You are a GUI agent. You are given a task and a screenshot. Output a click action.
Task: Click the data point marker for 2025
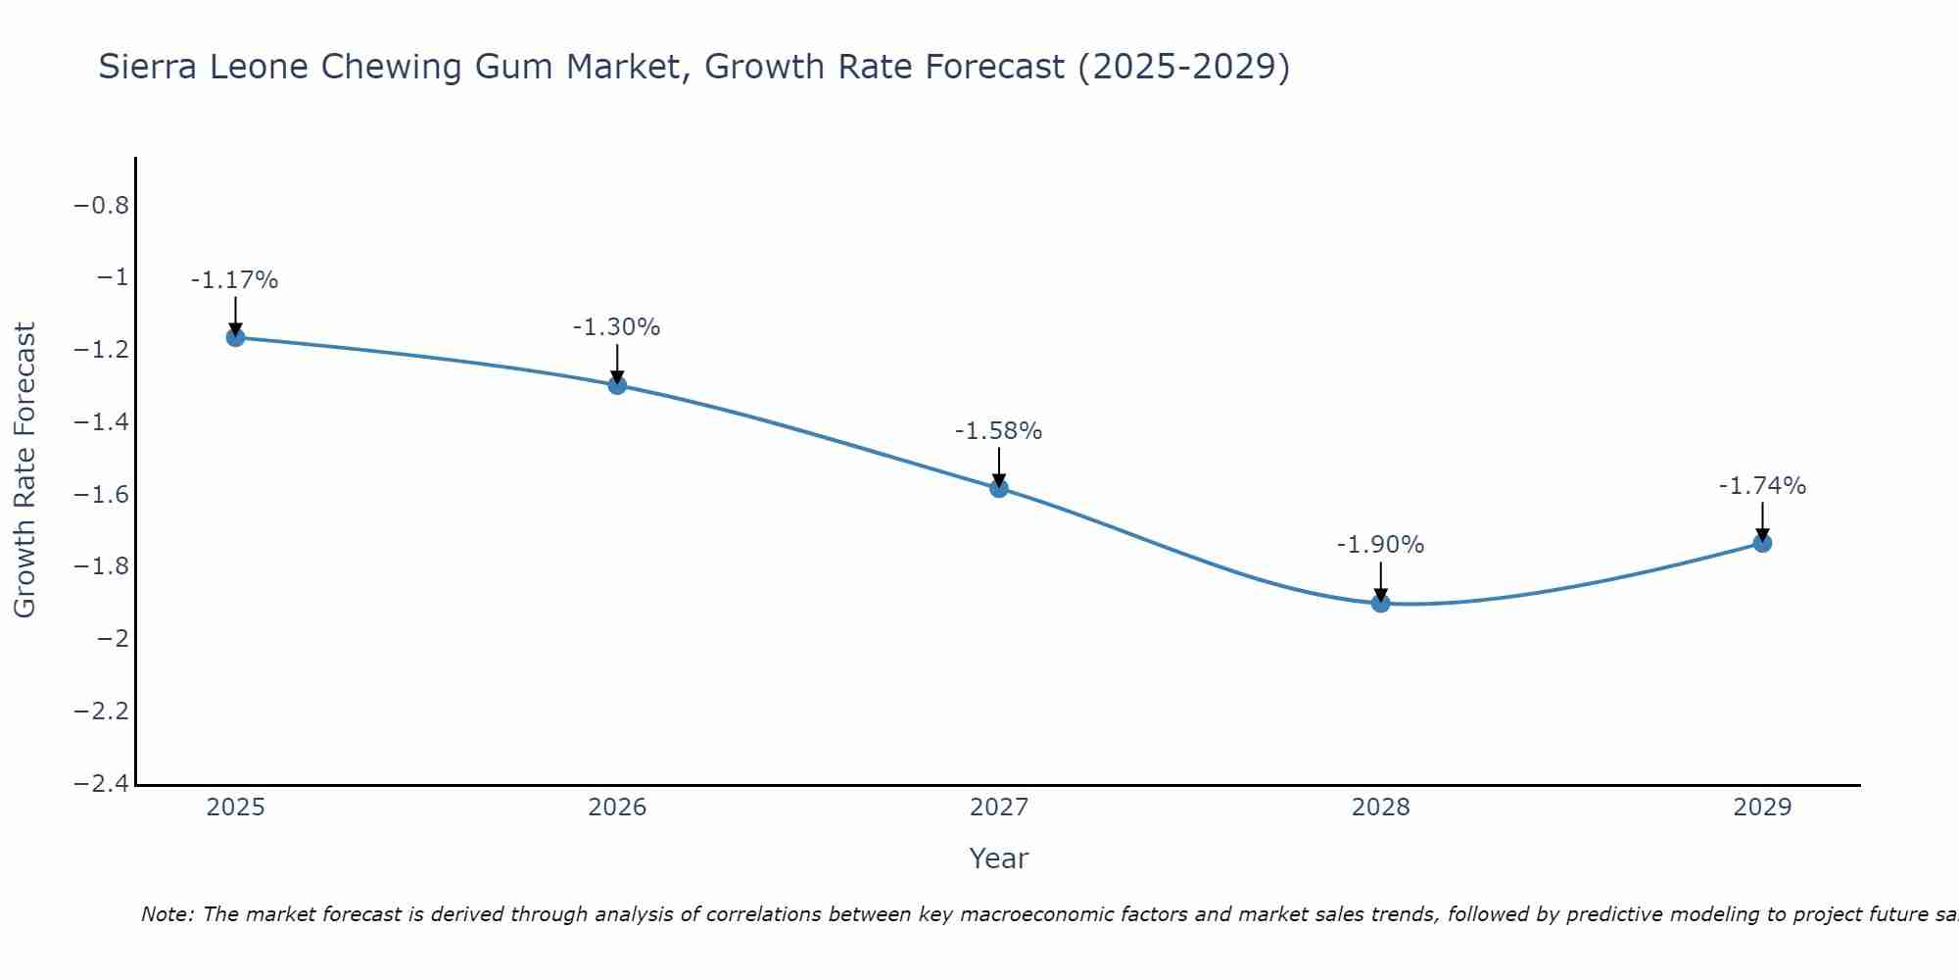click(x=235, y=337)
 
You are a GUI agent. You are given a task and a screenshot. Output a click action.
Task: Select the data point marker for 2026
click(x=617, y=385)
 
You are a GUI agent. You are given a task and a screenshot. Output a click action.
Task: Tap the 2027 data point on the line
click(x=999, y=488)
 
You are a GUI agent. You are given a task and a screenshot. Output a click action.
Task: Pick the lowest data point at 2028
click(x=1380, y=603)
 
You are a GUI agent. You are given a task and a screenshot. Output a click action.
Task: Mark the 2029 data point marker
click(x=1762, y=543)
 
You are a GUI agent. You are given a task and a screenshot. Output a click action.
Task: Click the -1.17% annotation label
click(x=234, y=280)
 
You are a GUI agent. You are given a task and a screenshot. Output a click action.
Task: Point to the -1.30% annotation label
click(x=616, y=327)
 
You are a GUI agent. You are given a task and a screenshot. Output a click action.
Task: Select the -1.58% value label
click(x=998, y=431)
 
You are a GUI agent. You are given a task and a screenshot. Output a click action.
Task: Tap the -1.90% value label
click(x=1380, y=545)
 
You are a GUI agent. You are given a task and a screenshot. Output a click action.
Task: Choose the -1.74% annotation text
click(x=1762, y=486)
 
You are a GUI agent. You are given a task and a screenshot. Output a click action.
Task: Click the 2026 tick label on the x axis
click(x=617, y=808)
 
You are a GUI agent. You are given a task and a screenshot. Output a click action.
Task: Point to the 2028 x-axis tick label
click(x=1380, y=808)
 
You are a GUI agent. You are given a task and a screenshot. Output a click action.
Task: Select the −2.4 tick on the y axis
click(x=101, y=783)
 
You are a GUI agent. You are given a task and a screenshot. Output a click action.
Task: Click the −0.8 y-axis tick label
click(x=101, y=206)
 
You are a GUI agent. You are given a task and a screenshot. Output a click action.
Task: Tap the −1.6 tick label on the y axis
click(x=101, y=494)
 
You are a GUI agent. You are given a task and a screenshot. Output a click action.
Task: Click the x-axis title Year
click(x=998, y=858)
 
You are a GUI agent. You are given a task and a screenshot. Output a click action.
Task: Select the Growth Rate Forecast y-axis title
click(x=24, y=470)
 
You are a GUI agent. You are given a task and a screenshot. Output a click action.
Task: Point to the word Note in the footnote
click(x=167, y=914)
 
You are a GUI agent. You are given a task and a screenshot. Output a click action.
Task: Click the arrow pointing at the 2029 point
click(x=1762, y=519)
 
